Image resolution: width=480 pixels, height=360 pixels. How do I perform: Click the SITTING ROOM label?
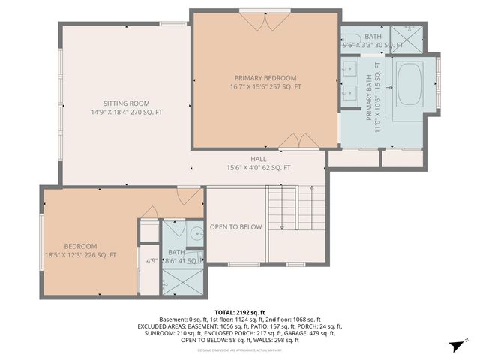(127, 103)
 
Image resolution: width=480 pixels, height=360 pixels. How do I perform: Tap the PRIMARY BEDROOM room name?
(265, 78)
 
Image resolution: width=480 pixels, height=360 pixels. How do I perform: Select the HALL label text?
(259, 159)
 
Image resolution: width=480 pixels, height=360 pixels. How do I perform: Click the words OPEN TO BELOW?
(235, 226)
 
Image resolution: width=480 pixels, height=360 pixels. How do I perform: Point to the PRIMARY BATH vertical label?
(369, 96)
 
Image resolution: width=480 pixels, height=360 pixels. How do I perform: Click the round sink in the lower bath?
(194, 232)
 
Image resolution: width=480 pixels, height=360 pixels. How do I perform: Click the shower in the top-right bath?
(411, 39)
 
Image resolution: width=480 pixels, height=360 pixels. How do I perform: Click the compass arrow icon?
(455, 345)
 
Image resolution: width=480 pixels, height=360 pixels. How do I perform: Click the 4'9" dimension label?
(151, 261)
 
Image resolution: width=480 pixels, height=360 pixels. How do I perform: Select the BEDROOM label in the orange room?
(80, 247)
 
